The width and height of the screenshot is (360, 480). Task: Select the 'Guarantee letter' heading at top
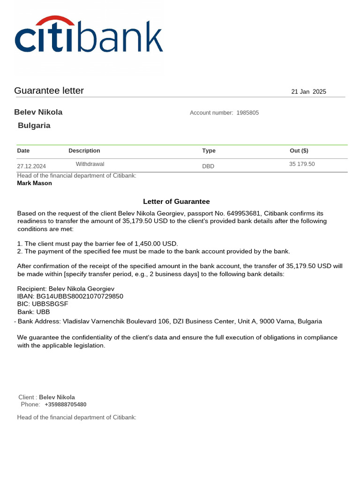point(49,91)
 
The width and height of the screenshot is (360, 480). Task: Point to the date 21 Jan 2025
point(308,92)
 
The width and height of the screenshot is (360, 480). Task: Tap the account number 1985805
point(247,113)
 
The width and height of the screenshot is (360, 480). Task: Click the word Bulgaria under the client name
point(34,126)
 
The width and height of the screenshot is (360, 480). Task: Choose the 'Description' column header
point(84,151)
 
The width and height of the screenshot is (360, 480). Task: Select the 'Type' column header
point(209,151)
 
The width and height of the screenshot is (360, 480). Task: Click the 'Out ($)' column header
point(299,151)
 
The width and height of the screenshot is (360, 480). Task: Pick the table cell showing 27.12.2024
point(31,166)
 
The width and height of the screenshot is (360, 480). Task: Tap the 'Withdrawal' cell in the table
point(90,164)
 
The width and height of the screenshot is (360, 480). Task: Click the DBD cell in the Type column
point(208,166)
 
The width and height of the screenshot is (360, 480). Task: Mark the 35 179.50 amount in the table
point(302,164)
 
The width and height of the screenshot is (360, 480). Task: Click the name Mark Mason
point(34,183)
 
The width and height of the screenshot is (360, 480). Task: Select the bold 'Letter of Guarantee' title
point(176,202)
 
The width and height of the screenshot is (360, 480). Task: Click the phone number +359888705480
point(66,405)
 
